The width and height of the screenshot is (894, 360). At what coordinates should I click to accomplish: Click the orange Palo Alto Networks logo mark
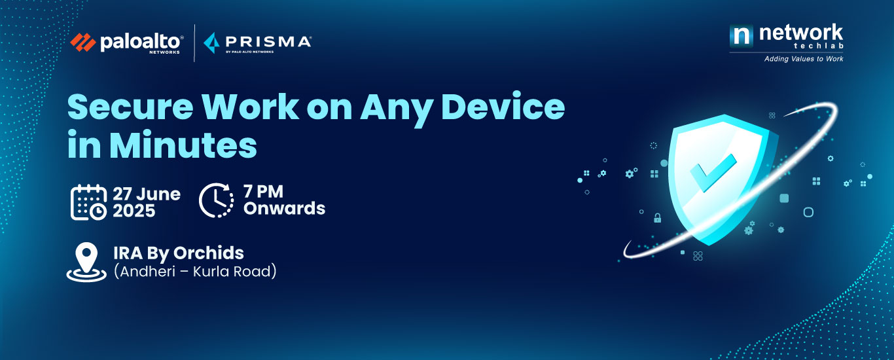[83, 43]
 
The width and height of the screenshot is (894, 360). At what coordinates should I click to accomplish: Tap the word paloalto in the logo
[141, 42]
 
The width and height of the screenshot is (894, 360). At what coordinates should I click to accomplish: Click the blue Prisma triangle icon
[211, 43]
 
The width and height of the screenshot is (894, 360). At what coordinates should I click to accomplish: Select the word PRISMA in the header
[268, 41]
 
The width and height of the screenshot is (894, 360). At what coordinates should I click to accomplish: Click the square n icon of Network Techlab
[741, 35]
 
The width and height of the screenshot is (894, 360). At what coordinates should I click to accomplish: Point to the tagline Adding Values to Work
[804, 59]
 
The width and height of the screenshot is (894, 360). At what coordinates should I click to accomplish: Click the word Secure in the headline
[130, 107]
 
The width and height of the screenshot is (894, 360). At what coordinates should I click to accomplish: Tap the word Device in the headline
[503, 106]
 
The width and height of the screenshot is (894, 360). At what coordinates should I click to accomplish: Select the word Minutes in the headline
[183, 145]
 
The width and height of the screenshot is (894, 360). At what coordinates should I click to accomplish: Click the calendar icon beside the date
[88, 202]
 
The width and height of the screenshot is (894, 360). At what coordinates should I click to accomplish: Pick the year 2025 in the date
[134, 211]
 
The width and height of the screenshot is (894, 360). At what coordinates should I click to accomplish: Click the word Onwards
[284, 208]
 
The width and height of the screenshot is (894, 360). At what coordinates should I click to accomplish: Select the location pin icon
[86, 262]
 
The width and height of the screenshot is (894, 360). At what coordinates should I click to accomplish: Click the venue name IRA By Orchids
[179, 253]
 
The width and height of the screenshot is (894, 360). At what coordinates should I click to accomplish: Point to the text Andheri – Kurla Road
[195, 272]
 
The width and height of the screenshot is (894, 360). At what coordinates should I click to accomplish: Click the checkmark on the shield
[713, 172]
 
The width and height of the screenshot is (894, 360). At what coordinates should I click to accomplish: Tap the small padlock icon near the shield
[657, 218]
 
